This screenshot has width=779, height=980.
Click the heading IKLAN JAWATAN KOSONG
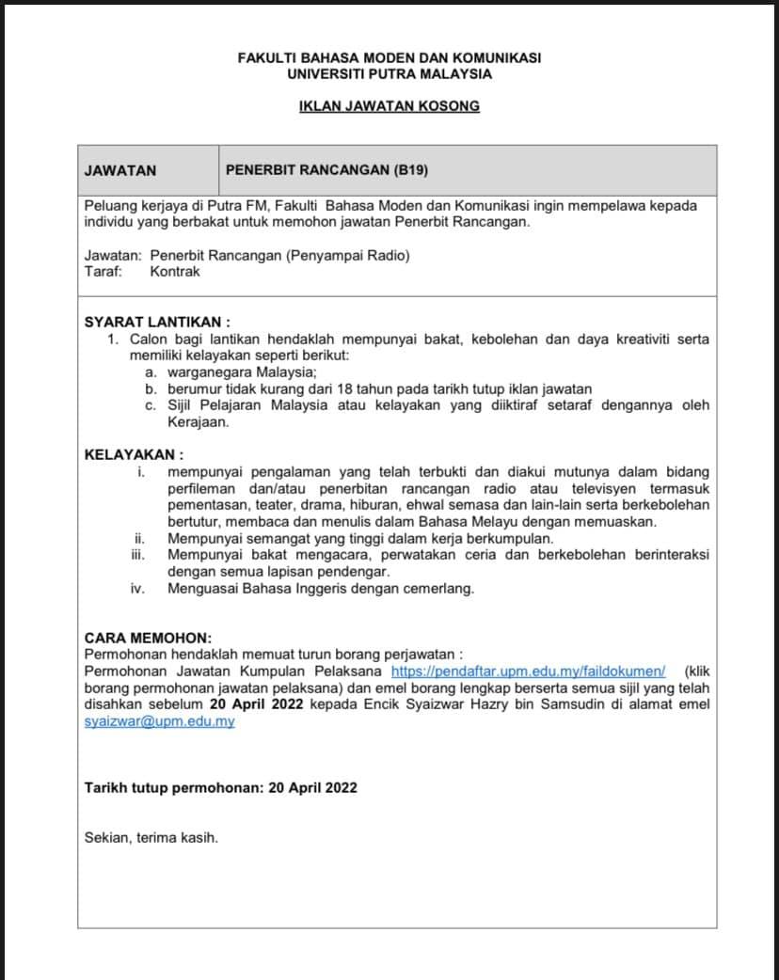pos(389,106)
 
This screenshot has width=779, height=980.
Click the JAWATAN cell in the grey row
pos(120,170)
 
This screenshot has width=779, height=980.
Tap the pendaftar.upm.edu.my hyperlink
pos(528,671)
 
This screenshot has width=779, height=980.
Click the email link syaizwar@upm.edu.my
pos(159,721)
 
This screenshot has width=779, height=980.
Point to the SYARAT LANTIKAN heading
pos(157,322)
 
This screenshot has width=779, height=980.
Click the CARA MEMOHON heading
pos(148,637)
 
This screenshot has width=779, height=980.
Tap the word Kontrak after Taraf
pos(175,272)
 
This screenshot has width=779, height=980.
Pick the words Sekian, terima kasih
pos(151,836)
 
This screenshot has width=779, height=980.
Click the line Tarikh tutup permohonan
pos(220,787)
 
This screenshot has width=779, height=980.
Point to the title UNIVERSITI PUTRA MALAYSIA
pos(389,73)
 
